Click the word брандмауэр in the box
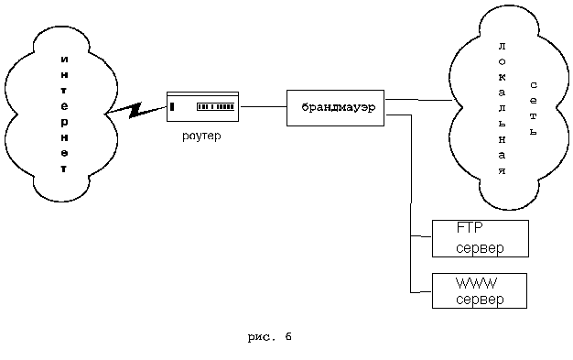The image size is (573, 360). pyautogui.click(x=339, y=107)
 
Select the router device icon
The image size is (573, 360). pyautogui.click(x=203, y=106)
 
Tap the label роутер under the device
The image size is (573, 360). pyautogui.click(x=201, y=136)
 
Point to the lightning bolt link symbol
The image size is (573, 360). pyautogui.click(x=135, y=110)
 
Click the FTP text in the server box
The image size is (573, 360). pyautogui.click(x=470, y=228)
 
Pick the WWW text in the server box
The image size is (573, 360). pyautogui.click(x=476, y=283)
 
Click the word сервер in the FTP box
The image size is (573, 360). pyautogui.click(x=480, y=248)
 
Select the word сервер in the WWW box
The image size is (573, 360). pyautogui.click(x=480, y=300)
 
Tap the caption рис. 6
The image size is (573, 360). pyautogui.click(x=270, y=336)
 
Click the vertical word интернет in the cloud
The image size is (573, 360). pyautogui.click(x=64, y=114)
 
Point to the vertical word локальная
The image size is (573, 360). pyautogui.click(x=503, y=109)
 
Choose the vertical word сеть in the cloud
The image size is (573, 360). pyautogui.click(x=534, y=109)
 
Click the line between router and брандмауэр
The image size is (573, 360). pyautogui.click(x=263, y=107)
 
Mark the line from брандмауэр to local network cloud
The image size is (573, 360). pyautogui.click(x=419, y=100)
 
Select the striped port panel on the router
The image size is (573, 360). pyautogui.click(x=216, y=106)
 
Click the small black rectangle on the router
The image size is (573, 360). pyautogui.click(x=172, y=106)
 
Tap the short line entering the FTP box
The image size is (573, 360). pyautogui.click(x=421, y=236)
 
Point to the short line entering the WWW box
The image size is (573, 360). pyautogui.click(x=421, y=292)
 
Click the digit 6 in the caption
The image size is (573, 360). pyautogui.click(x=288, y=336)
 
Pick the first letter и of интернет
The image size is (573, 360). pyautogui.click(x=64, y=60)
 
